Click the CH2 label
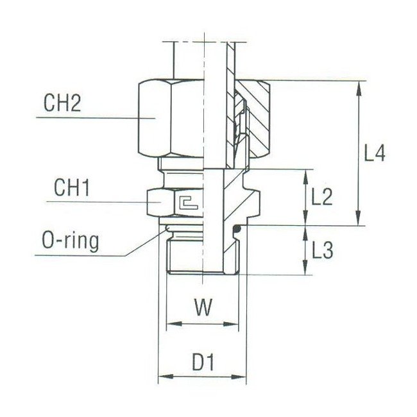[62, 104]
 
